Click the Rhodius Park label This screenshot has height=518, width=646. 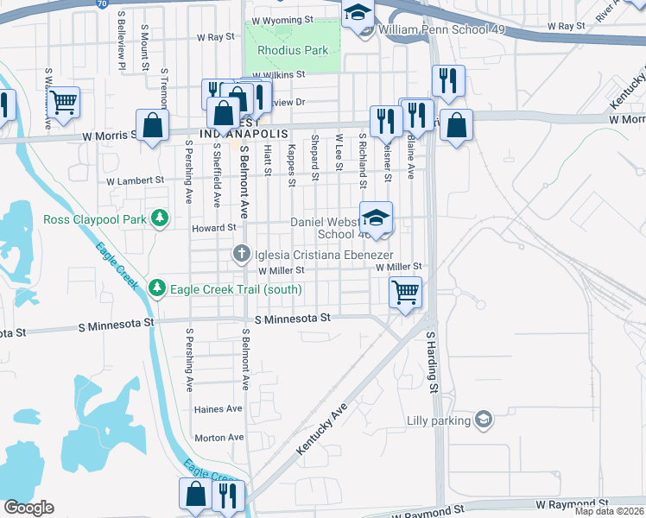[292, 50]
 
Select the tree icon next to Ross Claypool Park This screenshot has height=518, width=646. [159, 219]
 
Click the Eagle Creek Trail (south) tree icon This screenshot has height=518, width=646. [156, 287]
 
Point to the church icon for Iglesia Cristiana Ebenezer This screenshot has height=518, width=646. [244, 254]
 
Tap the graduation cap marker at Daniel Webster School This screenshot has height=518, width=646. [376, 218]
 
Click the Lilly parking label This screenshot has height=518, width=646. [438, 421]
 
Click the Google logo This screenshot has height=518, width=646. [28, 508]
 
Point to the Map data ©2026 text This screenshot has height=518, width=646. [608, 511]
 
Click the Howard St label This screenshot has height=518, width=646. [213, 227]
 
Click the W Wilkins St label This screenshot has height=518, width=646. [279, 74]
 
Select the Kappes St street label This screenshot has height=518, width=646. [292, 165]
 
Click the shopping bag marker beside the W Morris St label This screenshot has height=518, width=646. [153, 125]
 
